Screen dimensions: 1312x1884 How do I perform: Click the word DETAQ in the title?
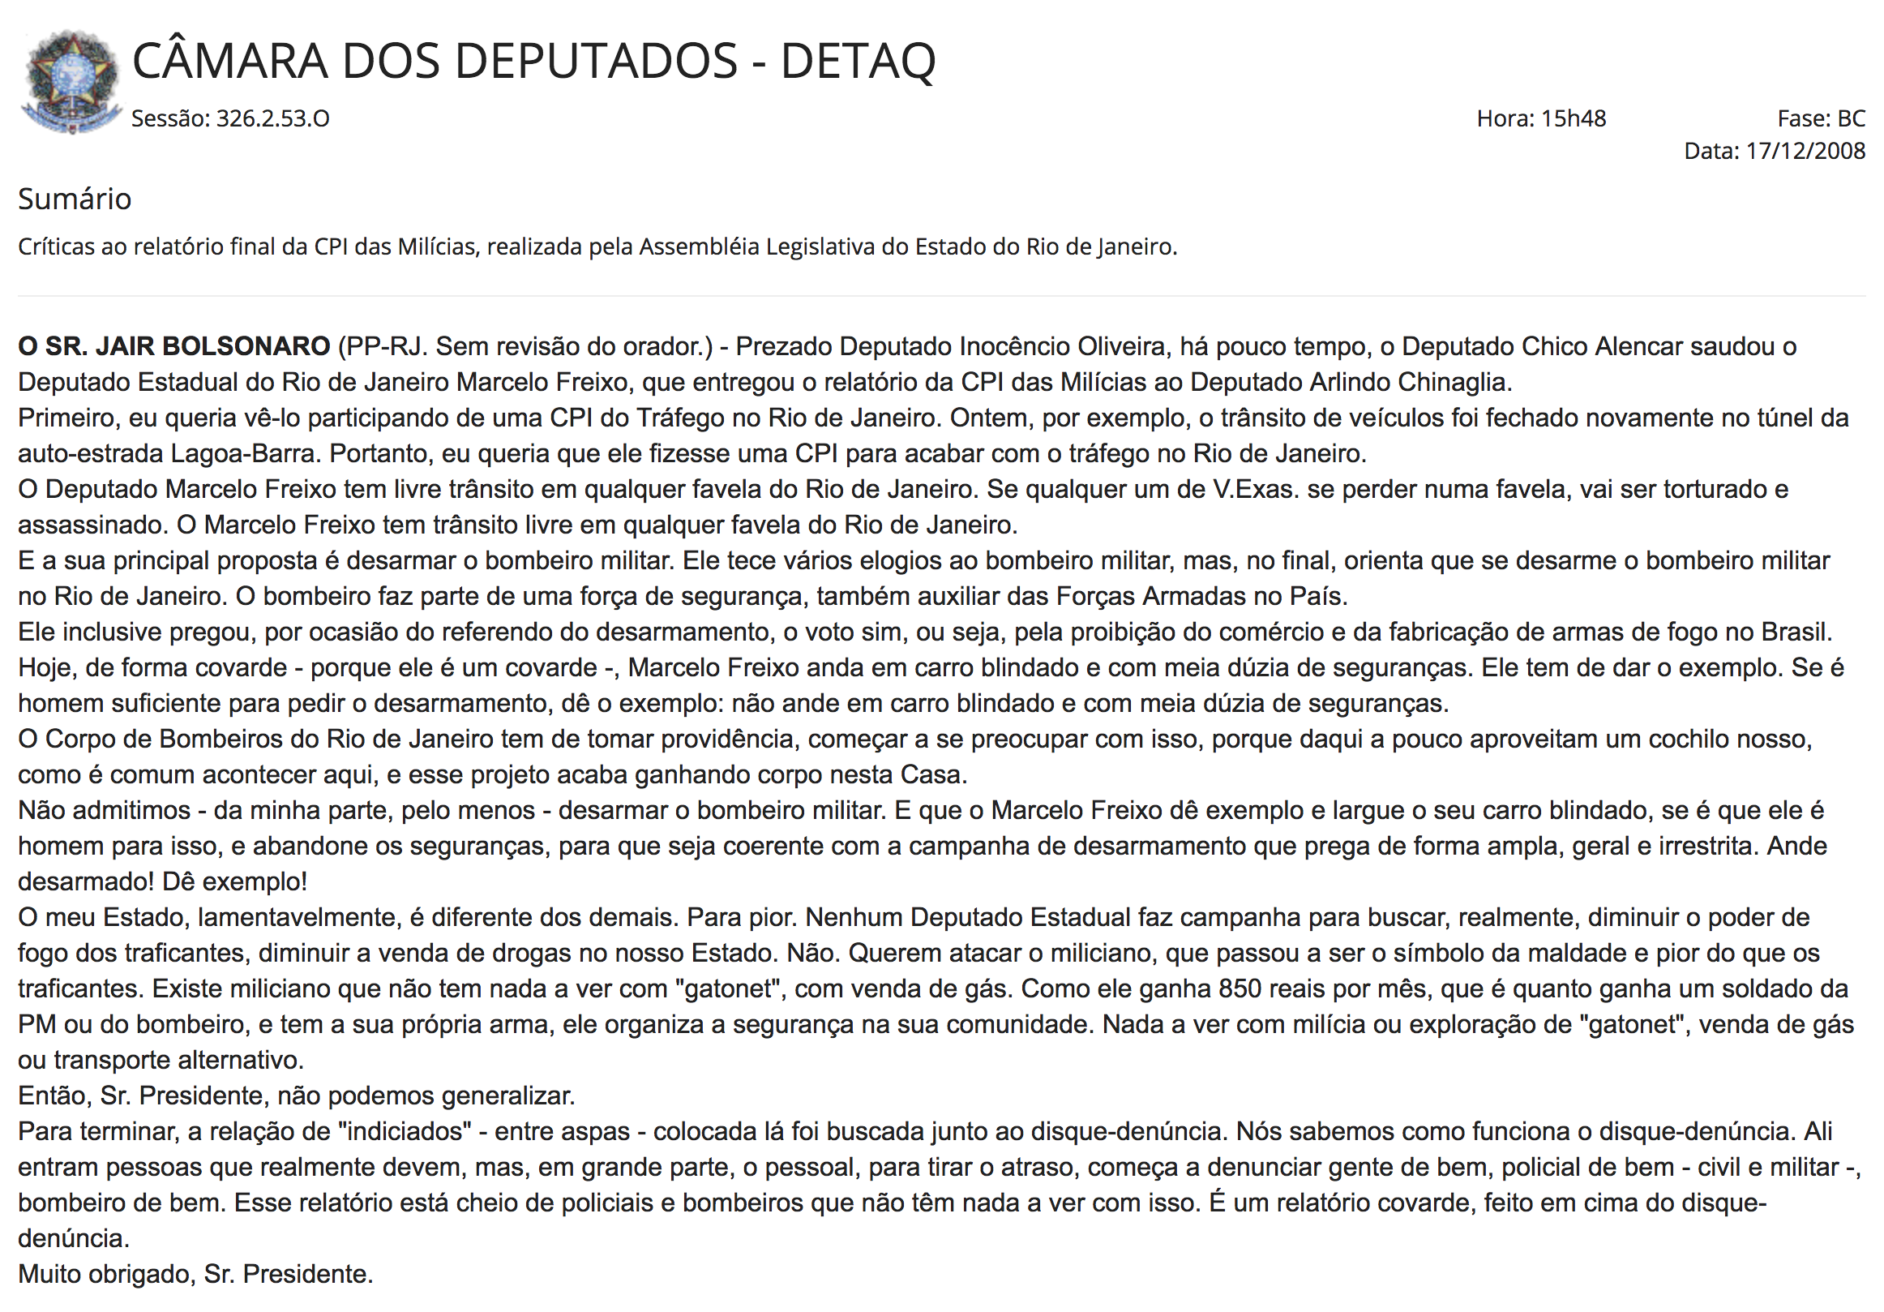pyautogui.click(x=858, y=62)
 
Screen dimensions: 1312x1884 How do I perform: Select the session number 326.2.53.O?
pyautogui.click(x=272, y=119)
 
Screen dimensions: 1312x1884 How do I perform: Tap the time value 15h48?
pyautogui.click(x=1573, y=119)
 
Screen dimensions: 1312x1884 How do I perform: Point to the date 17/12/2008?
pyautogui.click(x=1805, y=151)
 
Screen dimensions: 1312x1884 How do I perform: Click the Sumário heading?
pyautogui.click(x=75, y=199)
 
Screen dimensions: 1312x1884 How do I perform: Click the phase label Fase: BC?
pyautogui.click(x=1821, y=119)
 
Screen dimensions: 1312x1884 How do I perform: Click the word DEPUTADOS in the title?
pyautogui.click(x=539, y=62)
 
